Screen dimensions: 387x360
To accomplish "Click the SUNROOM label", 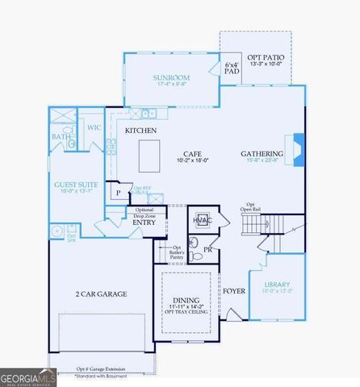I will click(x=170, y=78).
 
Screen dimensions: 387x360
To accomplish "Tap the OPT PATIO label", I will click(x=265, y=57).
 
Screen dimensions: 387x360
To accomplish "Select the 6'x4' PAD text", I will click(x=232, y=67).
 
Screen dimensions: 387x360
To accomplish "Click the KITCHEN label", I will click(x=140, y=130).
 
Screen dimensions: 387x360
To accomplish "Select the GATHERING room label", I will click(x=262, y=153).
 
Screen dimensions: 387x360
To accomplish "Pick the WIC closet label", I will click(x=94, y=127).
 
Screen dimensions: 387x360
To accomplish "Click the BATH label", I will click(x=61, y=137).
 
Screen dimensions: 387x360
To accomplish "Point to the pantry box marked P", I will click(x=118, y=193).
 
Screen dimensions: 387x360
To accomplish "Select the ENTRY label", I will click(x=144, y=223).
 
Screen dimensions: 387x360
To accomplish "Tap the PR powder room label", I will click(x=208, y=250).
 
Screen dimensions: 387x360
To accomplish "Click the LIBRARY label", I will click(x=278, y=284).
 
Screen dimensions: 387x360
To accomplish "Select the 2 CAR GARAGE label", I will click(x=101, y=294).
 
